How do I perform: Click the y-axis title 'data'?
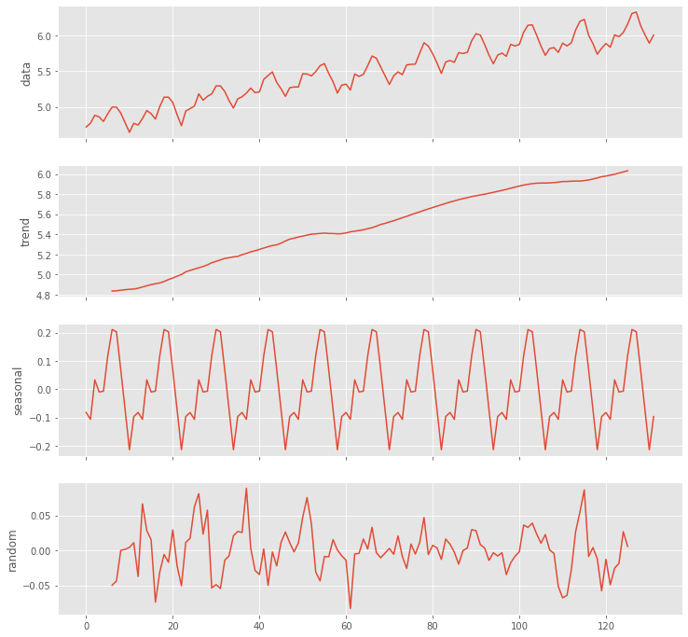coord(26,73)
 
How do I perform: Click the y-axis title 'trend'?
coord(26,231)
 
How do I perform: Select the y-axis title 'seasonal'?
coord(17,390)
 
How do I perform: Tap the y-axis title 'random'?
coord(13,549)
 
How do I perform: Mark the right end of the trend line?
coord(627,171)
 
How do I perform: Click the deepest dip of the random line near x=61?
coord(351,608)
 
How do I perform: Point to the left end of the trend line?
coord(112,291)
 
